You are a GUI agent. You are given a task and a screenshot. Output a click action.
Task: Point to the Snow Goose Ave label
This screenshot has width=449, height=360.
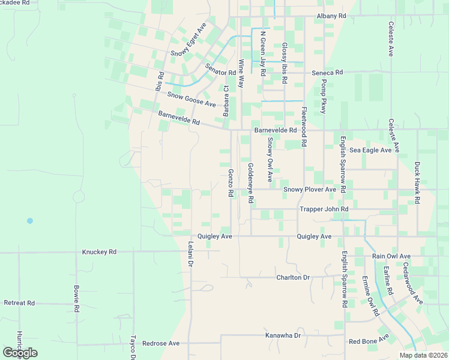191,100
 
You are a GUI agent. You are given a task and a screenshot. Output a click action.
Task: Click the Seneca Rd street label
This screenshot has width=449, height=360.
327,73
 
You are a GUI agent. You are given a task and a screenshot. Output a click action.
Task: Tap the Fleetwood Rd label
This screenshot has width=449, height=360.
304,127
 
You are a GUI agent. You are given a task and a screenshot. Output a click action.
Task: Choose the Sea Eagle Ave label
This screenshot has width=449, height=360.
370,150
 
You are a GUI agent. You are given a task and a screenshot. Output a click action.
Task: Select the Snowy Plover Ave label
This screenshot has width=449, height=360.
310,190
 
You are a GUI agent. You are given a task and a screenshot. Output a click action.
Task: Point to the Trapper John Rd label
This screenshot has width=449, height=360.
324,209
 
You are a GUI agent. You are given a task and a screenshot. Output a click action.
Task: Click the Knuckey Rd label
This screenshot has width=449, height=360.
99,252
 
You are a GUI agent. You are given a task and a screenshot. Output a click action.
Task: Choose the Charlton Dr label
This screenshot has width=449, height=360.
293,278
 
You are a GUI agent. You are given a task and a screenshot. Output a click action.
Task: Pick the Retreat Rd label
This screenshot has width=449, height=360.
19,303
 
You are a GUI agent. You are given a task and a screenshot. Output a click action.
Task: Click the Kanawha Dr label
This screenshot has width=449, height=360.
283,335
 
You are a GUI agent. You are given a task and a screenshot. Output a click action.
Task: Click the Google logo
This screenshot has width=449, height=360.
20,353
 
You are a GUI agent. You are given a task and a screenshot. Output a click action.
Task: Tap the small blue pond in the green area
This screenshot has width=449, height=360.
29,221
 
